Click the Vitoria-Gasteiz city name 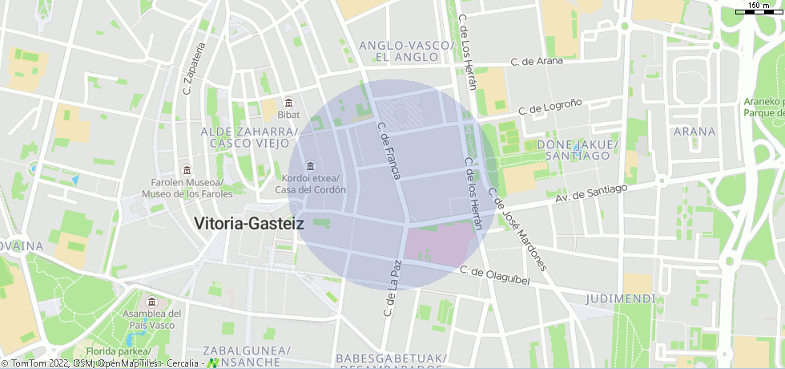(249, 224)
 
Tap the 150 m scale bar (759, 9)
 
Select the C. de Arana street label (537, 61)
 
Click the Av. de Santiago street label (591, 194)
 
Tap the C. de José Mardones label (518, 229)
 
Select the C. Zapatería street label (191, 68)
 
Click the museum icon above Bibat (288, 103)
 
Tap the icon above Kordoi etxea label (310, 166)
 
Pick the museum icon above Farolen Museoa (186, 170)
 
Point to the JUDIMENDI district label (621, 299)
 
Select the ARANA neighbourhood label (694, 131)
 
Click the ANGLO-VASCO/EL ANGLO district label (405, 51)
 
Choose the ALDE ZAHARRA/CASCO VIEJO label (249, 137)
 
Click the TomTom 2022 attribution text (40, 363)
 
